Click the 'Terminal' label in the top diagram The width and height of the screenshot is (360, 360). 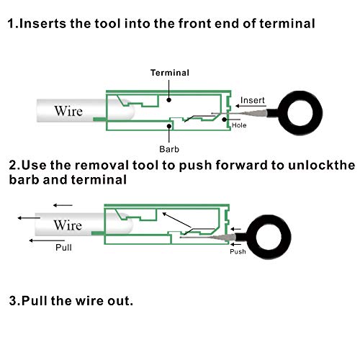pos(169,73)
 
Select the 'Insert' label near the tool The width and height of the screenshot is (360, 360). pos(253,99)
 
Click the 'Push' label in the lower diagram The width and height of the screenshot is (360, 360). pos(238,251)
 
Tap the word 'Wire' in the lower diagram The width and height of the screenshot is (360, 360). pos(67,225)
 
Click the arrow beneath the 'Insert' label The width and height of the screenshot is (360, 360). pos(251,108)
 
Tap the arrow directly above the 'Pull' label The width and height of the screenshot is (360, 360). pos(40,238)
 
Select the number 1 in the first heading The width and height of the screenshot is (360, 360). pos(11,24)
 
